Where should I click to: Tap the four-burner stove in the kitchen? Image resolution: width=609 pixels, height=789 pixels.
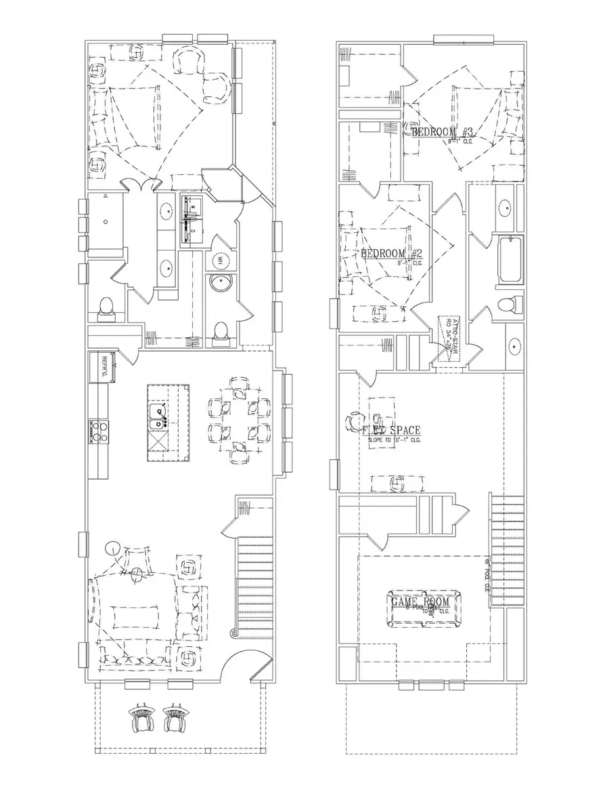(x=99, y=431)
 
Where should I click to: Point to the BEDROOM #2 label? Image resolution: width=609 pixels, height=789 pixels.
(x=392, y=254)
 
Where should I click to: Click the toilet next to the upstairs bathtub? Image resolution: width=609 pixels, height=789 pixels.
(x=506, y=305)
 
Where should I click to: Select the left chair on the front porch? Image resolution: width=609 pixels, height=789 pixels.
(x=142, y=719)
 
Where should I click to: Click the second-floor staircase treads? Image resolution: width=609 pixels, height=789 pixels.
(x=505, y=549)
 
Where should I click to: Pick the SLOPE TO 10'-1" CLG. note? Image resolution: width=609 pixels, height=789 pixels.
(x=394, y=440)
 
